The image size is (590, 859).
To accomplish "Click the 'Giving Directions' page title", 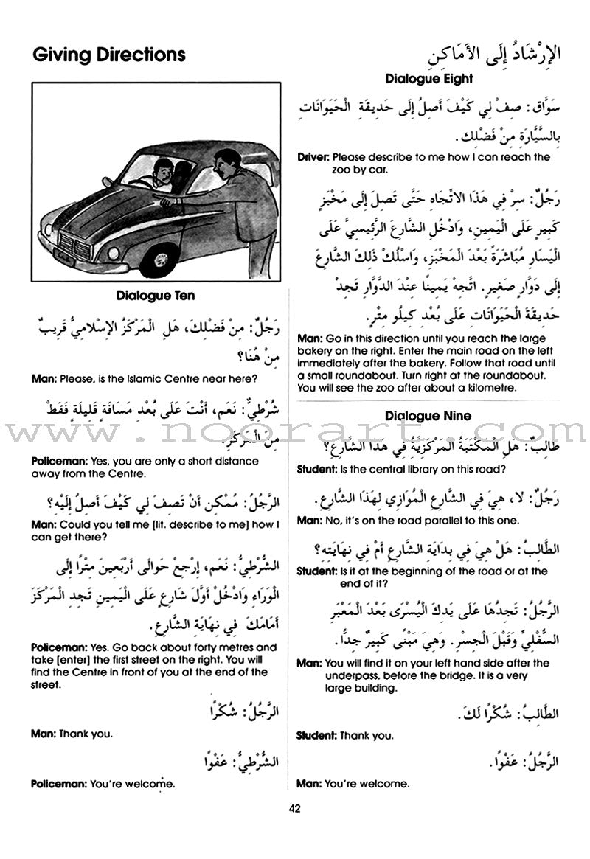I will pyautogui.click(x=109, y=55).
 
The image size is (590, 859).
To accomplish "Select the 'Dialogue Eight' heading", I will pyautogui.click(x=428, y=79).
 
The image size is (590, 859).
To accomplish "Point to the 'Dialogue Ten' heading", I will pyautogui.click(x=156, y=296).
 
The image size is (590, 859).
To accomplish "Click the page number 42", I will pyautogui.click(x=295, y=808).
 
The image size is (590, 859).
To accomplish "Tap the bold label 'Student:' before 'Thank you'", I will pyautogui.click(x=319, y=735).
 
